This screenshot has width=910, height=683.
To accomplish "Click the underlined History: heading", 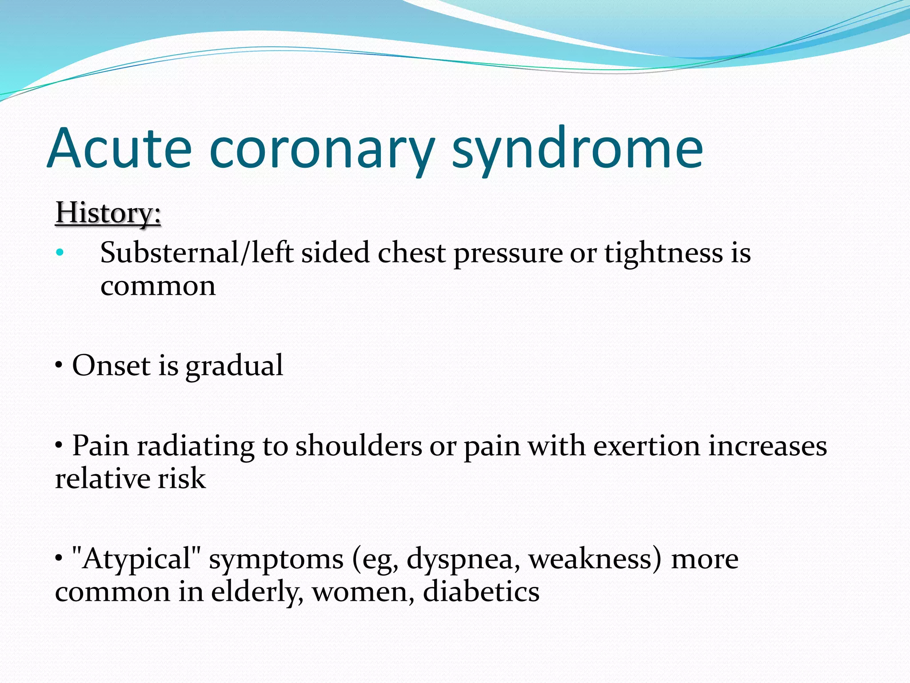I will coord(108,213).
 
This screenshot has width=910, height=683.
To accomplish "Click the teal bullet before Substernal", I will coord(60,253).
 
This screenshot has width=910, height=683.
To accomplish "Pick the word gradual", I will coord(234,366).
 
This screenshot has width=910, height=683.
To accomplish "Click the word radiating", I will coord(196,446).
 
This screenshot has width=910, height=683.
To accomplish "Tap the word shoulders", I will coord(359,446).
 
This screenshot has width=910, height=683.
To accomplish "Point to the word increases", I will coord(767,446).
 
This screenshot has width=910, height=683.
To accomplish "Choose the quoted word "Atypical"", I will coord(136,558).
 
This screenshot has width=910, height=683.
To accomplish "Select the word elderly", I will coord(257,592).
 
